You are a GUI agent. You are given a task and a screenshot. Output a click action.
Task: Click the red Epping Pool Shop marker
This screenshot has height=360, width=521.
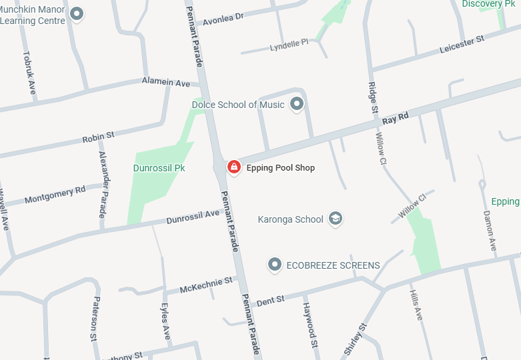tap(234, 167)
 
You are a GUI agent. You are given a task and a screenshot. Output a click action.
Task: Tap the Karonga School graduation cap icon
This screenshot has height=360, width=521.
tap(336, 219)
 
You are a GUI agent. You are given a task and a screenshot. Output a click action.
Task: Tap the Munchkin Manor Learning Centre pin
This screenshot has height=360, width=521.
tap(77, 13)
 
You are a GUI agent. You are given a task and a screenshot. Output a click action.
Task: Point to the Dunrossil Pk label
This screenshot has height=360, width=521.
tap(159, 168)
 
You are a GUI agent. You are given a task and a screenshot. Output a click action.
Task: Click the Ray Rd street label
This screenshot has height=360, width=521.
tap(396, 119)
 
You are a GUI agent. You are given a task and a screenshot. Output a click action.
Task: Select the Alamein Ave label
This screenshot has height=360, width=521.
tap(166, 82)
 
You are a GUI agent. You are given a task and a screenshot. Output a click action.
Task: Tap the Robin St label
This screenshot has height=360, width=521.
tap(98, 137)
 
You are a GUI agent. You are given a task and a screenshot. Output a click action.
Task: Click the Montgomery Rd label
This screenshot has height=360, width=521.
tap(55, 195)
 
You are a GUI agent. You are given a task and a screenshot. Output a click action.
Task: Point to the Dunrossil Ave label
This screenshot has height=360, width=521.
tap(193, 217)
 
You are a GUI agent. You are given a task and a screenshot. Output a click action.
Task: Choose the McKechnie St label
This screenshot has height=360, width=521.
tap(206, 285)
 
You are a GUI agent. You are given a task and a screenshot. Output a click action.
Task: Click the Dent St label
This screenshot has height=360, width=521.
tap(270, 300)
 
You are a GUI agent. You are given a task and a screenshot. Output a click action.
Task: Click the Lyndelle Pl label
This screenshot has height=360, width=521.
tap(290, 45)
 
